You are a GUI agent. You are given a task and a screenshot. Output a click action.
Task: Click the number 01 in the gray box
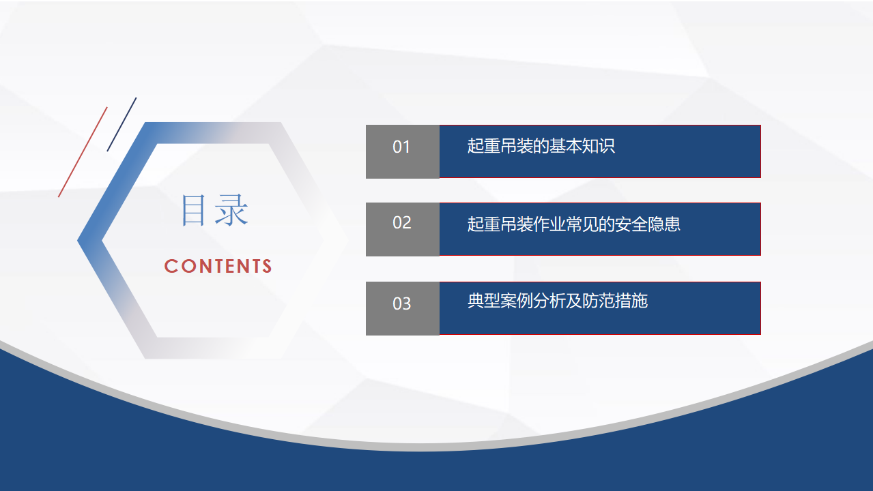401,147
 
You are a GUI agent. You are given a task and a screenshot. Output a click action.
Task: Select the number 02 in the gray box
402,223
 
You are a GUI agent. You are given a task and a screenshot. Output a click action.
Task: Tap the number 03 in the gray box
402,303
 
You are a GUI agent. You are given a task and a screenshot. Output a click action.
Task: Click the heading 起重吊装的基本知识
541,146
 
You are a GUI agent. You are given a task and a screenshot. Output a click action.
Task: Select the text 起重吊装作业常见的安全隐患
573,224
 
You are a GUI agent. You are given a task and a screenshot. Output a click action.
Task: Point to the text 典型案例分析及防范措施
558,301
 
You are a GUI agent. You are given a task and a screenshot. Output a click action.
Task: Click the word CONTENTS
218,267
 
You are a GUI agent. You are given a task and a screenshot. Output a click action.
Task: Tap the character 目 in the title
193,210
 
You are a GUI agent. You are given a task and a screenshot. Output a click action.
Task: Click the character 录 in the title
231,210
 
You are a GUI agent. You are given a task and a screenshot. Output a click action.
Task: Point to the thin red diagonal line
83,152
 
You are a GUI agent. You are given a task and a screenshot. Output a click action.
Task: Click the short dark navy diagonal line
121,124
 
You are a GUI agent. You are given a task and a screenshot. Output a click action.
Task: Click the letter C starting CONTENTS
171,267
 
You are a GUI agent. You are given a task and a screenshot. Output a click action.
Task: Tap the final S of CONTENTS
267,267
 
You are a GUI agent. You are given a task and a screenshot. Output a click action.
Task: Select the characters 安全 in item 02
631,224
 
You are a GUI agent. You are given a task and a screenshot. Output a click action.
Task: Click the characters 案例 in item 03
517,301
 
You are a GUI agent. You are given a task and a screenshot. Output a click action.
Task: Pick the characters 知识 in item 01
599,146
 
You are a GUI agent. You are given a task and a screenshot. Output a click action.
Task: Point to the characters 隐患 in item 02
664,224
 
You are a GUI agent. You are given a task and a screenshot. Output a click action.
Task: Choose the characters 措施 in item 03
631,301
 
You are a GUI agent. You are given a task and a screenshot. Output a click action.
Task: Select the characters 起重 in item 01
484,146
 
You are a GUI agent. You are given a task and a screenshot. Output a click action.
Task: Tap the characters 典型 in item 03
484,301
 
